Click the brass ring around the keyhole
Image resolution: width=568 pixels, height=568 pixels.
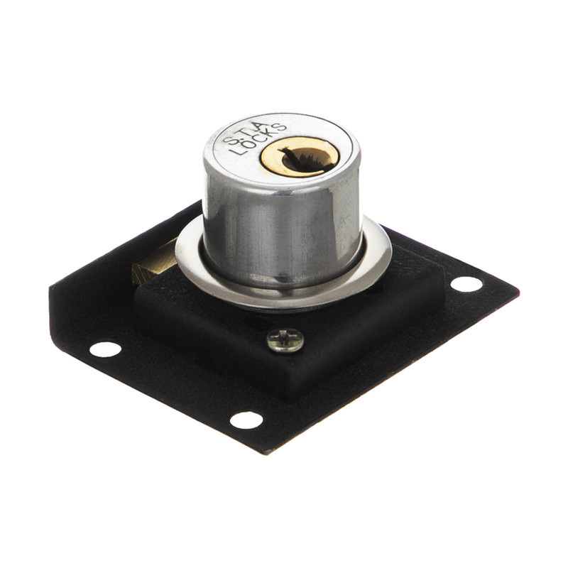click(x=300, y=156)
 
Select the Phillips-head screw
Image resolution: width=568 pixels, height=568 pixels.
click(x=285, y=340)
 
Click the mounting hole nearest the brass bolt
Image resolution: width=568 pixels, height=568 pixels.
click(x=105, y=349)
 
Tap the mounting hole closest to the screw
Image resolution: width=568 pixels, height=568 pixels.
click(x=246, y=420)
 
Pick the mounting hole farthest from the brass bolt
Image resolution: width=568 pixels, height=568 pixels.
click(x=466, y=284)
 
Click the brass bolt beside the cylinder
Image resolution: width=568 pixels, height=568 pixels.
click(x=154, y=260)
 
